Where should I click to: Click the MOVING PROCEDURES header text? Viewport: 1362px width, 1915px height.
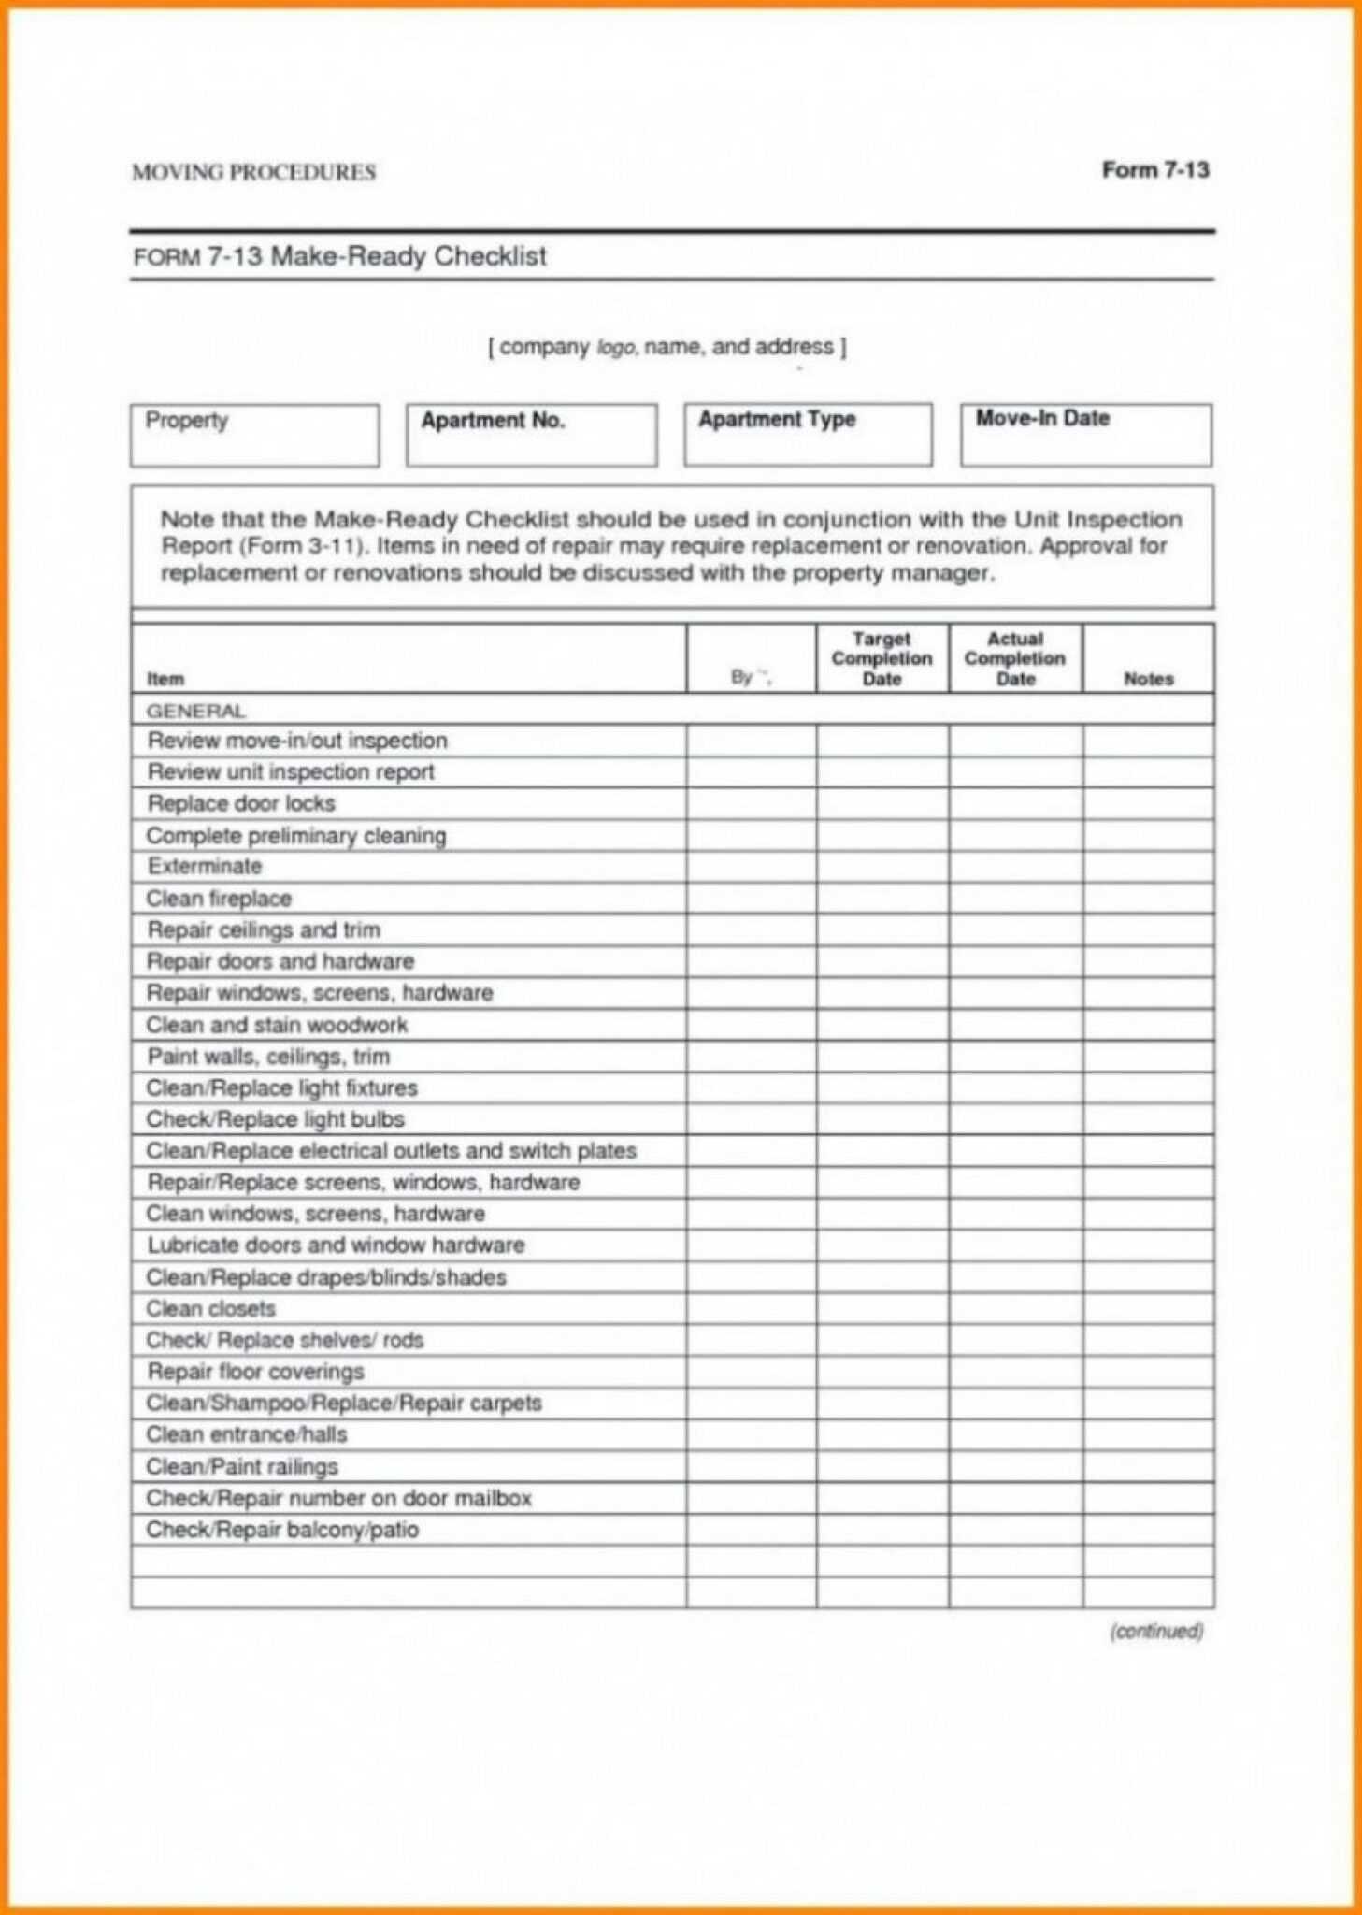point(253,172)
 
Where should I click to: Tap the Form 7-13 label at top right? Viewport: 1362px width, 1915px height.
point(1154,170)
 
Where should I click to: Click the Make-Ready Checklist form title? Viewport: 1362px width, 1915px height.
point(340,256)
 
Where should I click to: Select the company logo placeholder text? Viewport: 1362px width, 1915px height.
point(667,347)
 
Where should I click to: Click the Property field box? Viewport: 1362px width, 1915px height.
point(254,435)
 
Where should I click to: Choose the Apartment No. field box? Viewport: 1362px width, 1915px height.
point(531,435)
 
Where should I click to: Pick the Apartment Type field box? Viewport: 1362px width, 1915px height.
point(808,435)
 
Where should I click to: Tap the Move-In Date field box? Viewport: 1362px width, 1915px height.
point(1085,435)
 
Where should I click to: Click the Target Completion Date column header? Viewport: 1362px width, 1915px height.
point(882,658)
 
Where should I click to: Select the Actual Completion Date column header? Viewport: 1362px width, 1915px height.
point(1015,658)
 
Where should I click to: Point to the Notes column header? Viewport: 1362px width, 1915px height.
point(1148,679)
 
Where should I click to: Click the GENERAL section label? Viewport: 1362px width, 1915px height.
point(195,711)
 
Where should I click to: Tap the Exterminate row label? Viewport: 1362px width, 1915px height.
point(205,866)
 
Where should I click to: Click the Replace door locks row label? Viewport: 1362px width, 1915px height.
point(241,803)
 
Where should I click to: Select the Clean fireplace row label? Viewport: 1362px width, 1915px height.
point(219,899)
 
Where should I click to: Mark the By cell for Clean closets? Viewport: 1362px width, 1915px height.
point(751,1308)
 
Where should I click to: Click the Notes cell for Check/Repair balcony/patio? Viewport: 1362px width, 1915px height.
point(1148,1529)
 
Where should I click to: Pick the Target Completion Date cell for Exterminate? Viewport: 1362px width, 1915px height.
point(882,866)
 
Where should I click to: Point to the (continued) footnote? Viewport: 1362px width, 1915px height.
point(1155,1631)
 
